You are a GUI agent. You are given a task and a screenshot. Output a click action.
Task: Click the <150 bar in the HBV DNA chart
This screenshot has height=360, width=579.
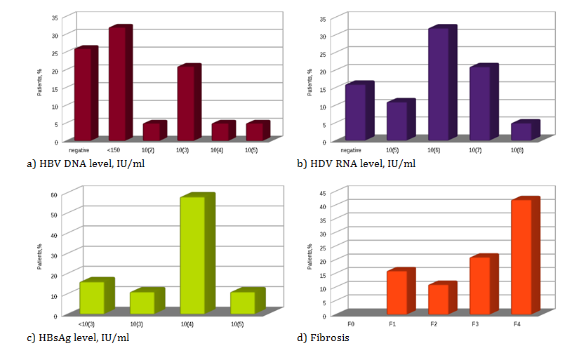(x=117, y=84)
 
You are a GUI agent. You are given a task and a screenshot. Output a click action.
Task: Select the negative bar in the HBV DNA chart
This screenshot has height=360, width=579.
(x=83, y=95)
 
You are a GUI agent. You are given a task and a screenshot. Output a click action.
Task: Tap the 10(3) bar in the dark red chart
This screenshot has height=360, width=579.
(x=186, y=104)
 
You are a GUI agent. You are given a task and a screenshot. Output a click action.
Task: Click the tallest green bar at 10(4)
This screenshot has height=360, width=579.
(x=193, y=255)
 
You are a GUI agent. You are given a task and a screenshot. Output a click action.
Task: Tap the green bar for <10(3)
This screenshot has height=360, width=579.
(x=92, y=298)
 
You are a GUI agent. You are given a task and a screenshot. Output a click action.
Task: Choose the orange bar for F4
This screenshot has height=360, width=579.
(x=521, y=257)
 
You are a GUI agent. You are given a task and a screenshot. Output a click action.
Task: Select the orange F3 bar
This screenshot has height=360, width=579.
(x=480, y=286)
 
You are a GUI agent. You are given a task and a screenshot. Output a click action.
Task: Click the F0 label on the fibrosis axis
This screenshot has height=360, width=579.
(x=351, y=325)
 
